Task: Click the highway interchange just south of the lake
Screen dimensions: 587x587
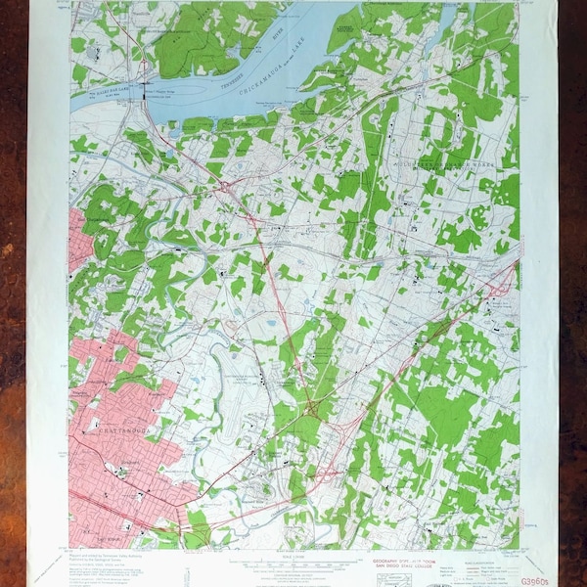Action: [x=226, y=184]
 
